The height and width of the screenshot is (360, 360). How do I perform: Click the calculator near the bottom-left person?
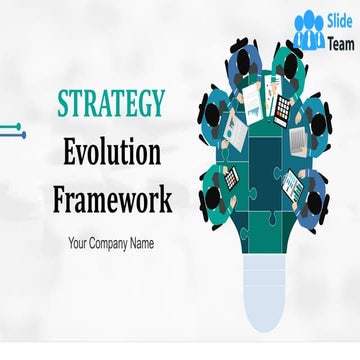(231, 179)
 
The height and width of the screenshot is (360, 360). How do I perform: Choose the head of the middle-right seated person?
(317, 125)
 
